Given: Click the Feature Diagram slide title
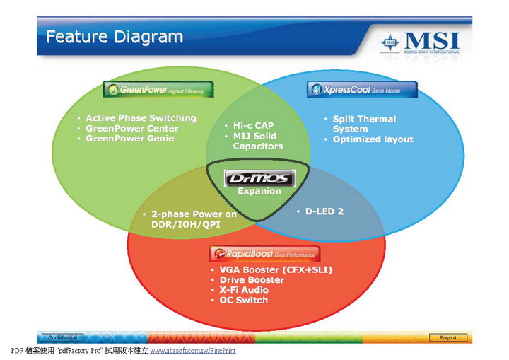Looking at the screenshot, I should (115, 36).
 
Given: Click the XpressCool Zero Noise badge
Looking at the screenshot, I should (361, 90).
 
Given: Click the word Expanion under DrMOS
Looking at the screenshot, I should (259, 191).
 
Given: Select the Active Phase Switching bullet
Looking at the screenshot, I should (141, 118).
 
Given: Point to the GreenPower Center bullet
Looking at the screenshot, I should (131, 128).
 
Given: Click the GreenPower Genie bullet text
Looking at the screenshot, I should (129, 139).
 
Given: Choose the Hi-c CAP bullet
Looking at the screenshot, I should (254, 125).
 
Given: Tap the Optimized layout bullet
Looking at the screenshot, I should (373, 139).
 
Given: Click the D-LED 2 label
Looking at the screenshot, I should (324, 211).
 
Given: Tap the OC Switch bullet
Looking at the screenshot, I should (243, 301).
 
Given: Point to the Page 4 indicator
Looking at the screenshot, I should (447, 337).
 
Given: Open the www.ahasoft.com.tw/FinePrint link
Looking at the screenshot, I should (192, 351).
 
